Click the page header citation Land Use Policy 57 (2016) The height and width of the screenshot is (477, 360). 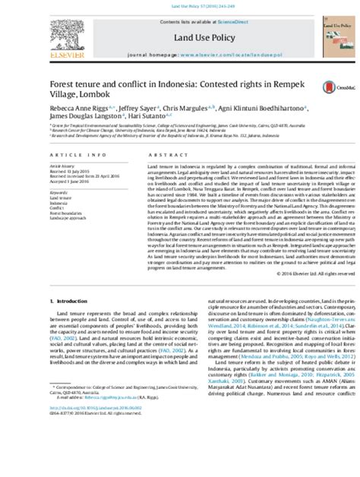pos(179,5)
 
